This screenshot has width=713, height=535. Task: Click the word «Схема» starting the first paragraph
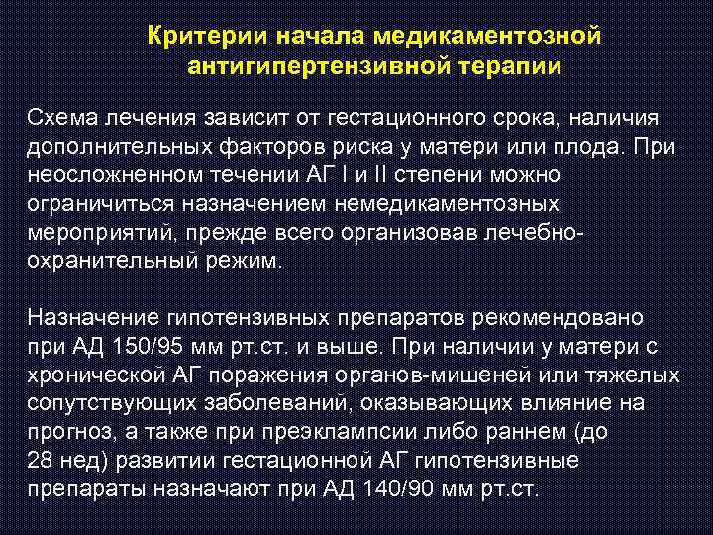58,119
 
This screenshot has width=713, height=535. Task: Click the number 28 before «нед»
40,461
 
